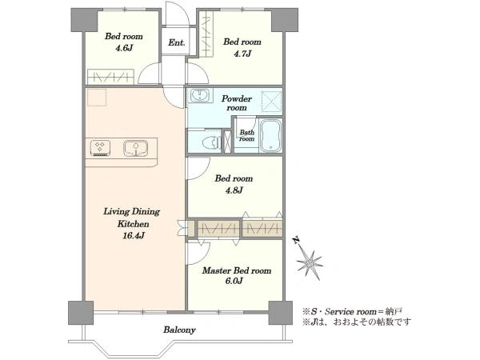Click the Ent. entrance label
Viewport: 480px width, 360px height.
pos(177,42)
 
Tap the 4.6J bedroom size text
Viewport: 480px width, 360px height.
pos(124,48)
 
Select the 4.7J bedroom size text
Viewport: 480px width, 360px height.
pos(242,54)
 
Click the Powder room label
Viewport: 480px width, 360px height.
pos(237,103)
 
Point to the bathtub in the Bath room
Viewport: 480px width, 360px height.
pos(271,135)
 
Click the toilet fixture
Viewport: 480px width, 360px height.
pos(211,142)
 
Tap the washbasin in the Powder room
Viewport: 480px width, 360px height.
pos(199,95)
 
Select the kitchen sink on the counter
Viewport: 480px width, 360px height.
pos(136,147)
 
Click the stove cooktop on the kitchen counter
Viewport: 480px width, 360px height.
pos(100,148)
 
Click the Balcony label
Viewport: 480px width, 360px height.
pos(179,330)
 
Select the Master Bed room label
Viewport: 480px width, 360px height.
pos(237,270)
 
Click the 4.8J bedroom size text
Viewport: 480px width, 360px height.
pos(234,190)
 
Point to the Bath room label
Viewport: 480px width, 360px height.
pos(246,135)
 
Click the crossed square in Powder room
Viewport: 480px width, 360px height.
pos(271,101)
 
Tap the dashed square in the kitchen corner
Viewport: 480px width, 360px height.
pos(97,98)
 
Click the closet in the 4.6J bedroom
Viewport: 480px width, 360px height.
pos(111,77)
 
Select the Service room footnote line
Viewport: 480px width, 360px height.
pos(352,312)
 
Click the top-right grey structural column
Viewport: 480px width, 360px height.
pos(285,20)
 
